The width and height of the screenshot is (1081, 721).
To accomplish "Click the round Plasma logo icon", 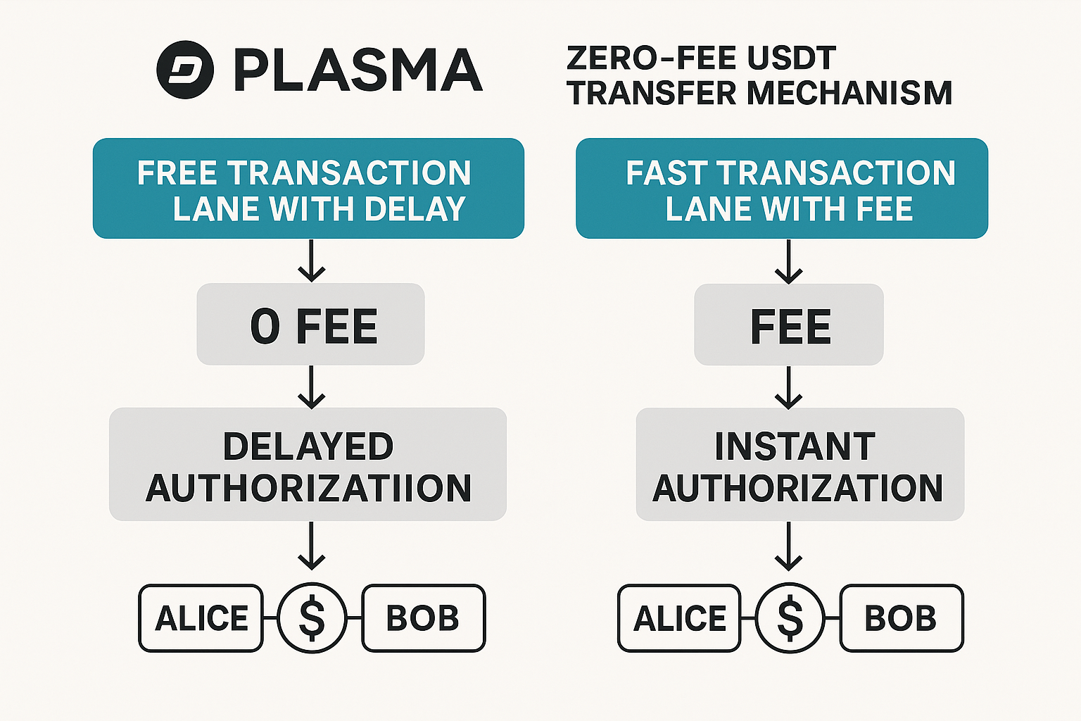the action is [185, 70].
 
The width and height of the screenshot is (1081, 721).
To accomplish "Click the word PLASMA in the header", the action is [358, 70].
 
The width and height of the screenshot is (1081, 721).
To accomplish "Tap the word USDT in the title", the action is [792, 58].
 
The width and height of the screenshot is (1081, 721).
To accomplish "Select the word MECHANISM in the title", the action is [849, 93].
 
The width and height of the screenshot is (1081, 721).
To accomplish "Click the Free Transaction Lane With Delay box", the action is [308, 188].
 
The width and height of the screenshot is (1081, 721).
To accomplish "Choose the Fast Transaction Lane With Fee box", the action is [782, 188].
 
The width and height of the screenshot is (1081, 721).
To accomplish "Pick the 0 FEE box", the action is [310, 324].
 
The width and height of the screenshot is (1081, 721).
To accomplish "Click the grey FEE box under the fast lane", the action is [788, 325].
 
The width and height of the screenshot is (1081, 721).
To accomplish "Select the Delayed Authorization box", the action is [308, 464].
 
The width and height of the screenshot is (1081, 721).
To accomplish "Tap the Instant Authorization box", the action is [800, 464].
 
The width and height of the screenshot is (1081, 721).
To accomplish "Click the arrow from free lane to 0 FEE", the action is [311, 261].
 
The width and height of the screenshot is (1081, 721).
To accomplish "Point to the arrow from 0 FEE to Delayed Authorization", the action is [311, 387].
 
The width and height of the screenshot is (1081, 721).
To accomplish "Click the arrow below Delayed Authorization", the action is [311, 546].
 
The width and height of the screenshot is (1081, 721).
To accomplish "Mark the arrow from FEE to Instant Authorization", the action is [788, 388].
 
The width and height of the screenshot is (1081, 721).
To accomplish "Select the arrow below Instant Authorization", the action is [788, 546].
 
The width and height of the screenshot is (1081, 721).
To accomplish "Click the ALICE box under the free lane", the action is [201, 617].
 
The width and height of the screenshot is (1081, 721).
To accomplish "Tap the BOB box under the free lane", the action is [423, 617].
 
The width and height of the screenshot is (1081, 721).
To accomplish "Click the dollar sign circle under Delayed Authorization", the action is [312, 617].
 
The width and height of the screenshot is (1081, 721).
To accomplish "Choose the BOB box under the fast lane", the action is [902, 618].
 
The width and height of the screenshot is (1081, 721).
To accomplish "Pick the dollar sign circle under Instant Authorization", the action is [790, 618].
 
